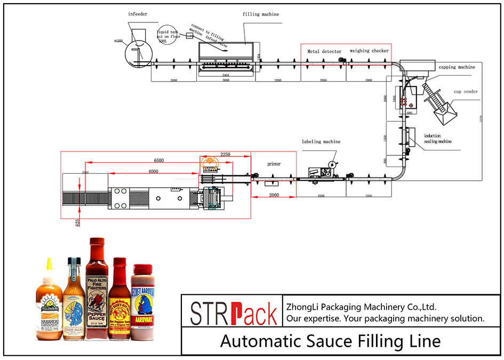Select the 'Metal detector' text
tap(324, 51)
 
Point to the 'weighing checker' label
tap(369, 51)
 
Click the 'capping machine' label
tap(457, 68)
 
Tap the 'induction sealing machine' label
tap(437, 139)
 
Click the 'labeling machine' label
tap(321, 142)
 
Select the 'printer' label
tap(274, 164)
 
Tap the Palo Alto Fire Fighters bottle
tap(97, 291)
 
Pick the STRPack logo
tap(234, 313)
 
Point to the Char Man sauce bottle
tap(74, 301)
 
